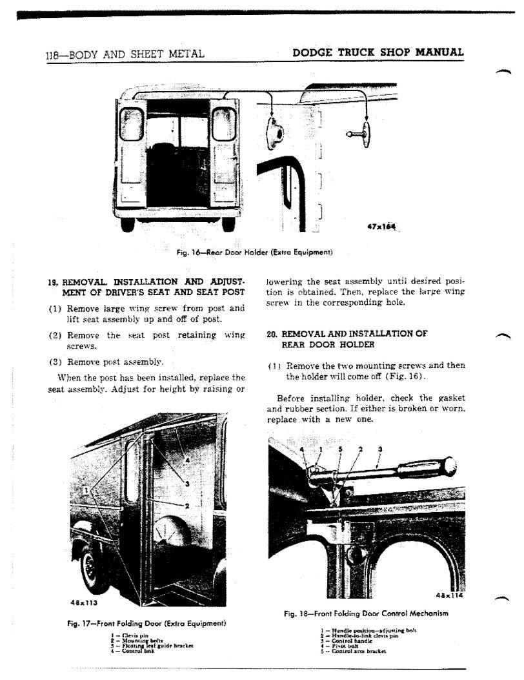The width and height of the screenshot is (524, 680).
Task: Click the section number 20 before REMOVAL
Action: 272,335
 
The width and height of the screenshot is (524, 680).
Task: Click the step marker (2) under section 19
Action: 55,335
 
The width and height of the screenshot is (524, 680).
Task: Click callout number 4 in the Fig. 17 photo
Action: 187,460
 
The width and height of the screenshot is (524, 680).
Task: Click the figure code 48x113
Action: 81,603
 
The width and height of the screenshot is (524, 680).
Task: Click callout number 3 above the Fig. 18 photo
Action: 380,449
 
